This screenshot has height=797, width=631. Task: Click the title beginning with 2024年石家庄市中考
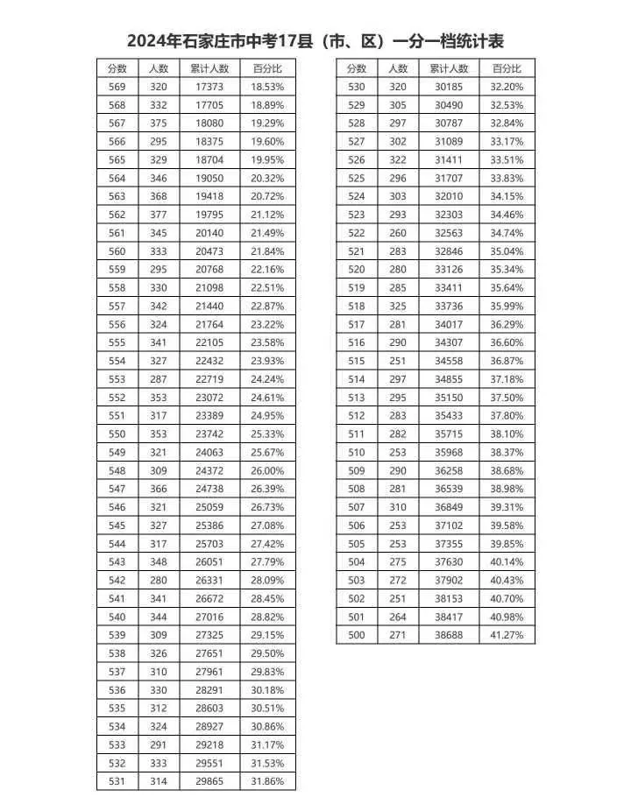coord(315,41)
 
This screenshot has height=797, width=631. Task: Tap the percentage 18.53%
coord(267,87)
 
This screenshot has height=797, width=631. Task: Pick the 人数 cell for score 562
coord(159,215)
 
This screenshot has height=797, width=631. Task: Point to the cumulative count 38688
coord(450,634)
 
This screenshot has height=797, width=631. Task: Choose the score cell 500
coord(357,634)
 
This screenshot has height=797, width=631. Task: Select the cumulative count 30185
coord(450,87)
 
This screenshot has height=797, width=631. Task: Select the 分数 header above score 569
coord(117,68)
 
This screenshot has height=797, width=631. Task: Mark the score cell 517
coord(357,324)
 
